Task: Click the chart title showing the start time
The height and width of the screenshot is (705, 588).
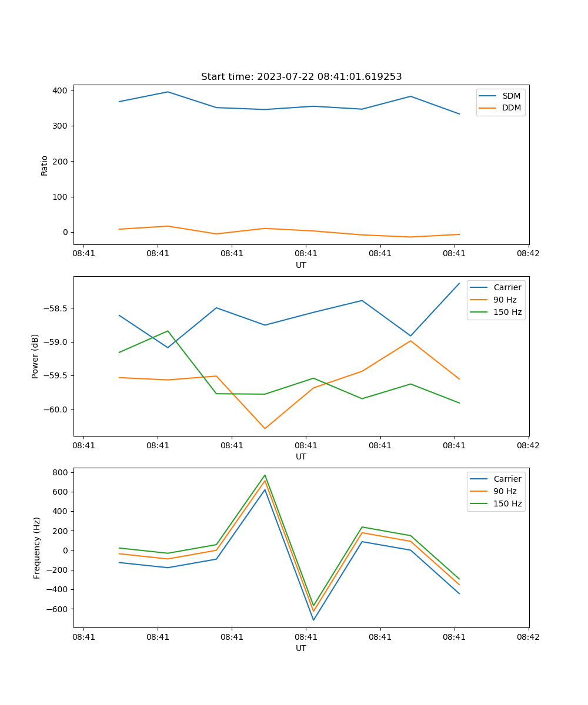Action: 301,77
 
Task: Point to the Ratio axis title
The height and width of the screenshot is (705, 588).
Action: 45,165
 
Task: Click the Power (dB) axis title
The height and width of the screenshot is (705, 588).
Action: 35,356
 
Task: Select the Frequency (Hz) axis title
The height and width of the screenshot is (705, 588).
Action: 37,548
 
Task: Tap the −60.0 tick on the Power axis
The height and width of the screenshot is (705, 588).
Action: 55,409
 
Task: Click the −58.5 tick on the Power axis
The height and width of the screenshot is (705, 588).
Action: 55,308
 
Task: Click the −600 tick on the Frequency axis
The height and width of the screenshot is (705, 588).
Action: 57,609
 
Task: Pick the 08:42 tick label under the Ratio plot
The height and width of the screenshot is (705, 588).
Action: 528,254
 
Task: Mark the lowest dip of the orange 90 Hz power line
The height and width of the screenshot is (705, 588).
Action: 265,428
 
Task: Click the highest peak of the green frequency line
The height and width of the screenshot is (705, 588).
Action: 265,475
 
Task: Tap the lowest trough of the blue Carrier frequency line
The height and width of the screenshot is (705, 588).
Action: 313,620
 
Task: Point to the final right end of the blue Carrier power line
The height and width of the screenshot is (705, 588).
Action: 459,283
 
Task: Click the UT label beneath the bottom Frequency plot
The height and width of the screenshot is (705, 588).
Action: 301,649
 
